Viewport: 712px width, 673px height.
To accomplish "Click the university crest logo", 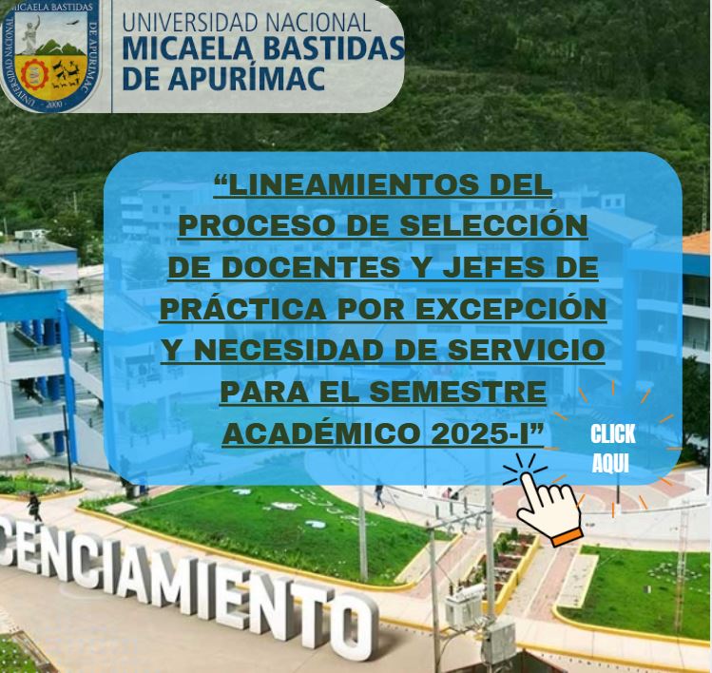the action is point(49,55).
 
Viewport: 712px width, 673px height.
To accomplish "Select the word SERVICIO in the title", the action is point(527,350).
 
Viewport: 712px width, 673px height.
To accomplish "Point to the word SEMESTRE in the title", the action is point(458,392).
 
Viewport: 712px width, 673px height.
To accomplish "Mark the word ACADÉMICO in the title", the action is point(321,433).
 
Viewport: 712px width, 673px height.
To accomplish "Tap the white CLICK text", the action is point(612,434).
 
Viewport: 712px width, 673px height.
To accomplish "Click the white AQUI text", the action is point(610,463).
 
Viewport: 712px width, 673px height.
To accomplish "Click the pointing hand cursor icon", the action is point(549,507).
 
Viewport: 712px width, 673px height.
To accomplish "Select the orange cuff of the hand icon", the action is point(567,537).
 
